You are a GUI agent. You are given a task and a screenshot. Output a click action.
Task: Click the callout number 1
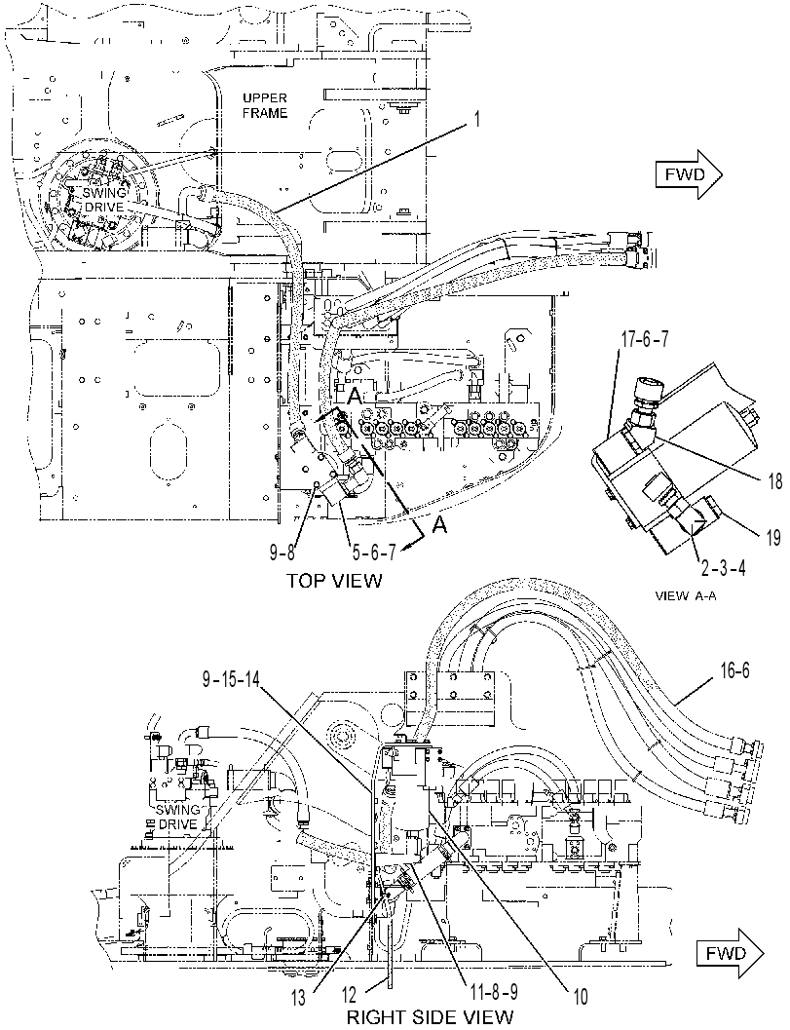click(478, 120)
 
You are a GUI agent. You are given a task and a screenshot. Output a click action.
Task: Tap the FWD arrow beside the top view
click(689, 174)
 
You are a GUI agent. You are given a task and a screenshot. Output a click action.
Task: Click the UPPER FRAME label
click(265, 106)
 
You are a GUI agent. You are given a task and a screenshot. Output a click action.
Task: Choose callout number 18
click(774, 481)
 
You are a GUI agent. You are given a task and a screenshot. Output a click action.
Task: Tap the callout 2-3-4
click(722, 567)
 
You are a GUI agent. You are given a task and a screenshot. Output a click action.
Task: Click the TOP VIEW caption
click(333, 581)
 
